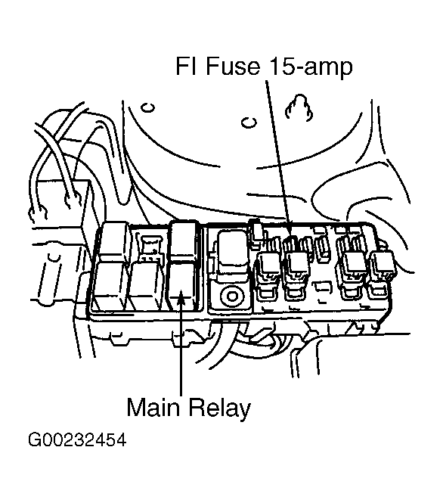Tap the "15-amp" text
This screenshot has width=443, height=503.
(310, 67)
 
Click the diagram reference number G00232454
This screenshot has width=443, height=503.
(77, 439)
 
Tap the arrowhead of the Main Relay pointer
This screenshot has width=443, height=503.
(181, 295)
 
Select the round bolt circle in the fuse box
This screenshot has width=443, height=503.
(231, 296)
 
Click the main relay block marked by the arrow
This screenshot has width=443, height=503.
(181, 285)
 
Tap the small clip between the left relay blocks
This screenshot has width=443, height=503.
(150, 249)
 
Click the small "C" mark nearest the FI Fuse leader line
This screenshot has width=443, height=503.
(249, 122)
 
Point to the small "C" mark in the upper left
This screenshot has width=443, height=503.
(149, 107)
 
